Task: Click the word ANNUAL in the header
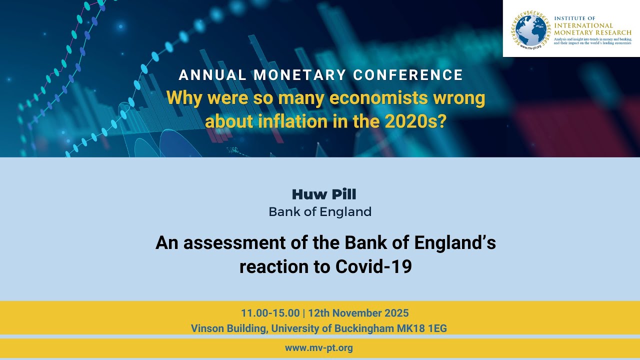212,75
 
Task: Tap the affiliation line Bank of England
320,211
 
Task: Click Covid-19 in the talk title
373,266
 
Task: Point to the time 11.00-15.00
270,313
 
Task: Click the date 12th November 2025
358,313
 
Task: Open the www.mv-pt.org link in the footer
319,348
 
